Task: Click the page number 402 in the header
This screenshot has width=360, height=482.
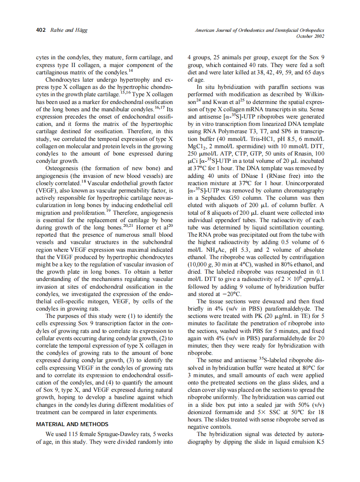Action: [x=41, y=30]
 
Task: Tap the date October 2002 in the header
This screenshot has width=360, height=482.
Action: [x=310, y=36]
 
